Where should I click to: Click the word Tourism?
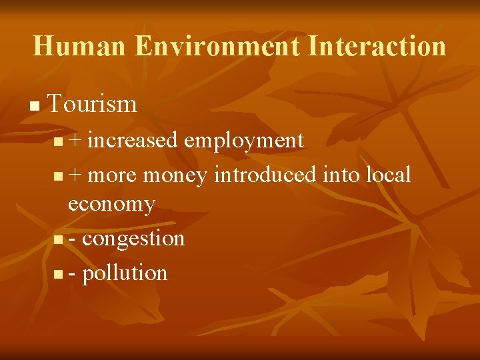pos(93,104)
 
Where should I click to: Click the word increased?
pos(133,140)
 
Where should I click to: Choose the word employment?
pos(244,141)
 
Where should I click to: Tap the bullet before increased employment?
pos(59,142)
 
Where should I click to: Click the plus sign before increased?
pos(75,141)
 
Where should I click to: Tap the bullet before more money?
pos(59,177)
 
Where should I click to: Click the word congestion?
pos(133,239)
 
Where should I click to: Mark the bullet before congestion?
pos(59,240)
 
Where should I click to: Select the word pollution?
pos(125,273)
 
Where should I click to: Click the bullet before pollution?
pos(59,274)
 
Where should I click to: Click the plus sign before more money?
pos(75,175)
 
